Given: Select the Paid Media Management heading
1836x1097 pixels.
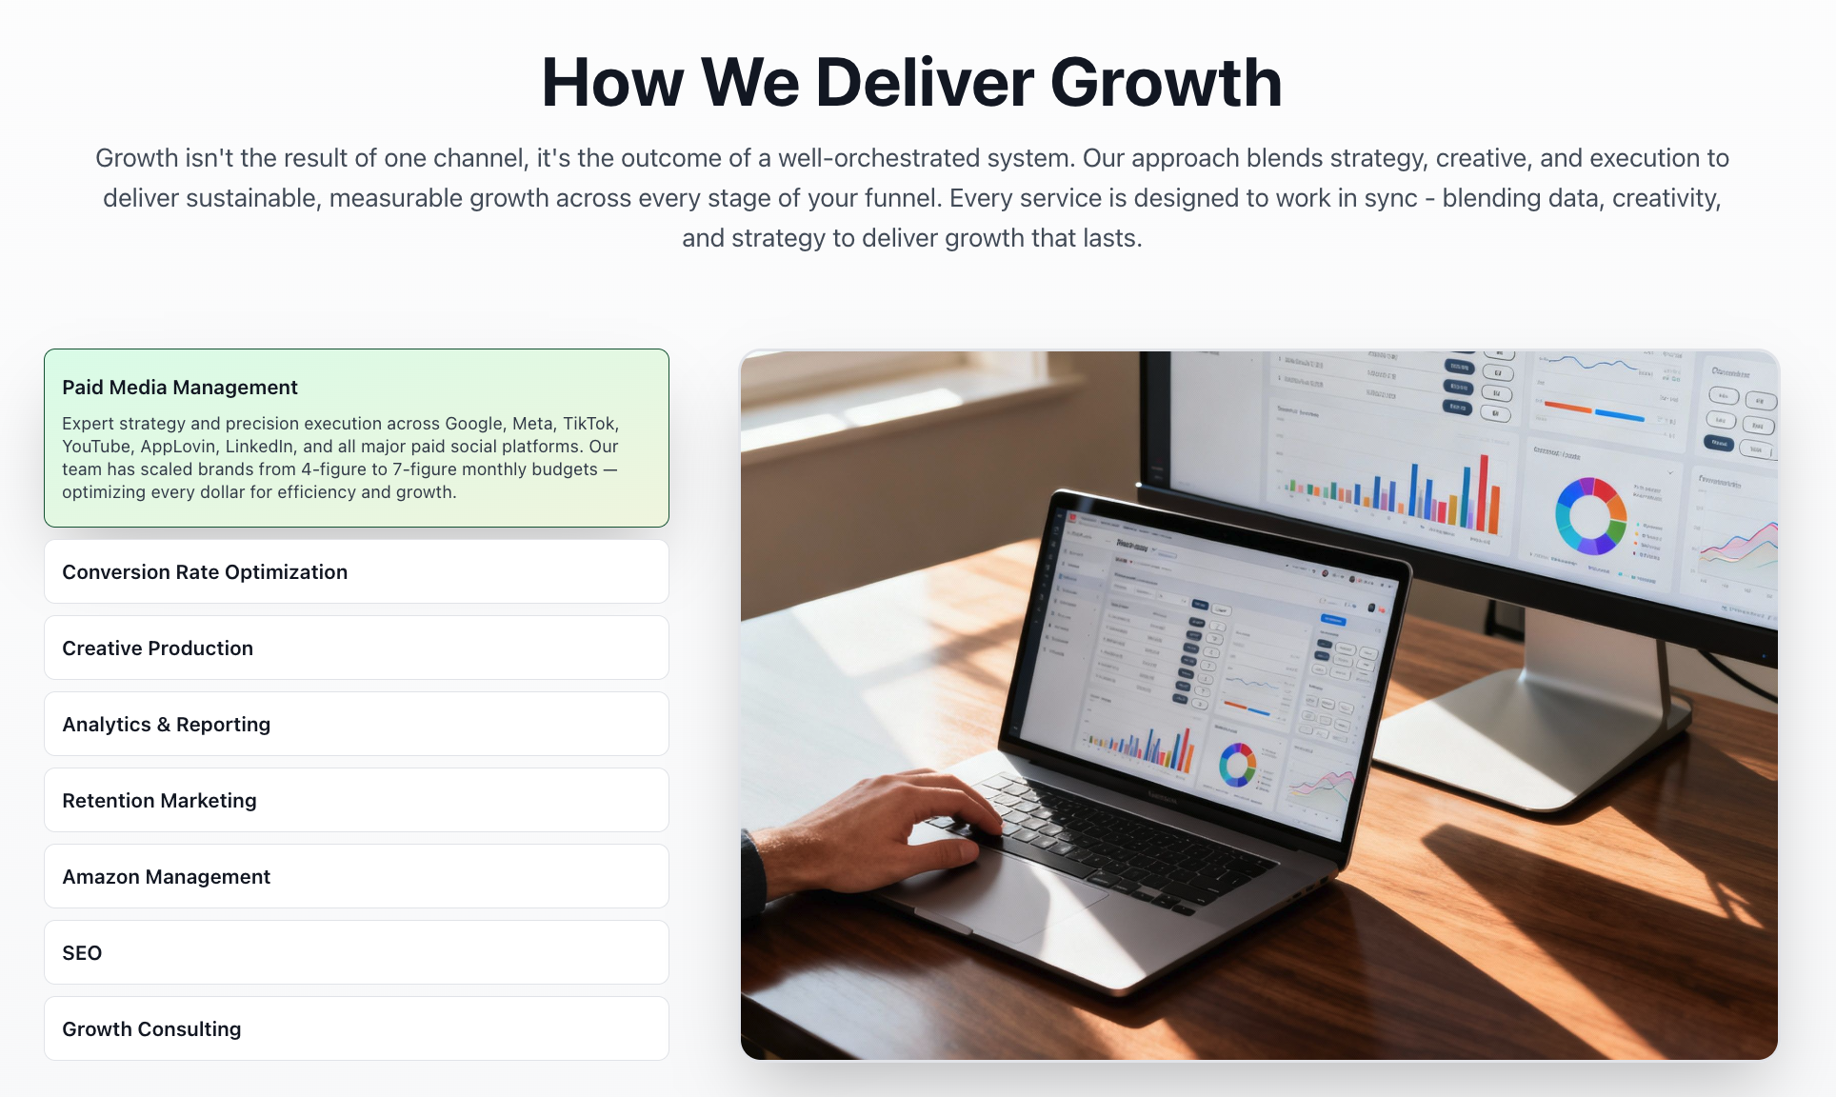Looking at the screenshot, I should point(180,388).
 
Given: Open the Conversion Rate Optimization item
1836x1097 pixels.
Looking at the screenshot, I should point(205,572).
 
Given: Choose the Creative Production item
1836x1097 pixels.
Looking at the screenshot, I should point(158,648).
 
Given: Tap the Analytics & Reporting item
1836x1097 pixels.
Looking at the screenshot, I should point(167,725).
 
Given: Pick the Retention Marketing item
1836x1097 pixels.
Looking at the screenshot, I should point(160,801).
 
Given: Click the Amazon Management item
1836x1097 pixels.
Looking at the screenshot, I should point(167,877).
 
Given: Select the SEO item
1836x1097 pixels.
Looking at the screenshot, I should point(82,953).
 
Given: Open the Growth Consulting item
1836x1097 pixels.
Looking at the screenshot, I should point(152,1029).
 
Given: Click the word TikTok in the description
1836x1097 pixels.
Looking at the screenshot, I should point(589,424).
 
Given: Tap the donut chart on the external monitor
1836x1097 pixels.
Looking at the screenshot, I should point(1589,515).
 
